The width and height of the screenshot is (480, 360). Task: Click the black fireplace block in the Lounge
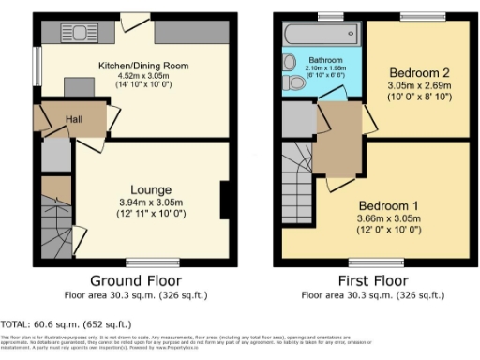click(224, 201)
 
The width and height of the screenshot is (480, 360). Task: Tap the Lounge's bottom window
click(145, 261)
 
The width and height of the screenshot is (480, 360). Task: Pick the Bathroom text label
click(325, 58)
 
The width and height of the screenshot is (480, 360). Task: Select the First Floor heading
click(372, 280)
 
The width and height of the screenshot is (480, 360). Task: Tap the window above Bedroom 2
click(414, 17)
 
